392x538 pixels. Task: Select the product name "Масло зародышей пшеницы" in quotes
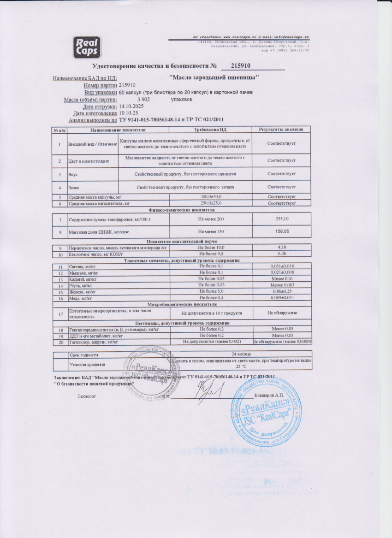point(214,77)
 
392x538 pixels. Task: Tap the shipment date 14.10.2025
point(131,106)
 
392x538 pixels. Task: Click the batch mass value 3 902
point(144,99)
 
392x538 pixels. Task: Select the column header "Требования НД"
point(211,130)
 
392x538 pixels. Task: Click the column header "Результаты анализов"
point(281,130)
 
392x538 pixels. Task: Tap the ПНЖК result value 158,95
point(281,231)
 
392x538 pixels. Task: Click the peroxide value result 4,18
point(281,248)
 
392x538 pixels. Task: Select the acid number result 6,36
point(281,254)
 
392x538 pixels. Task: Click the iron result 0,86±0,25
point(281,292)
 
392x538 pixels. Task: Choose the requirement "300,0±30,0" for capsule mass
point(211,197)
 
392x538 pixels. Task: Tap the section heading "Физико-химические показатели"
point(182,209)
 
